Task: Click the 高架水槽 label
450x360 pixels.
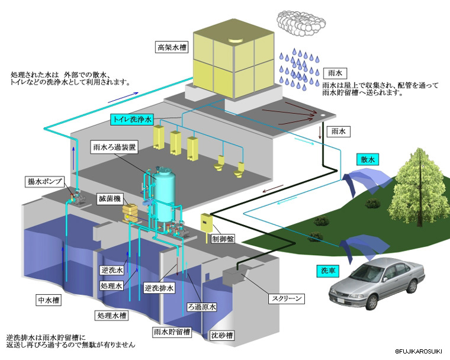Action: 172,47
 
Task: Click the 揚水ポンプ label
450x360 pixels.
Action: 45,181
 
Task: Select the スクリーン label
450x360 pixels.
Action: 287,298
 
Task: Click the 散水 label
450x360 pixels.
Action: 367,159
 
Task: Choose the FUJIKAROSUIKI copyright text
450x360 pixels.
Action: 422,351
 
